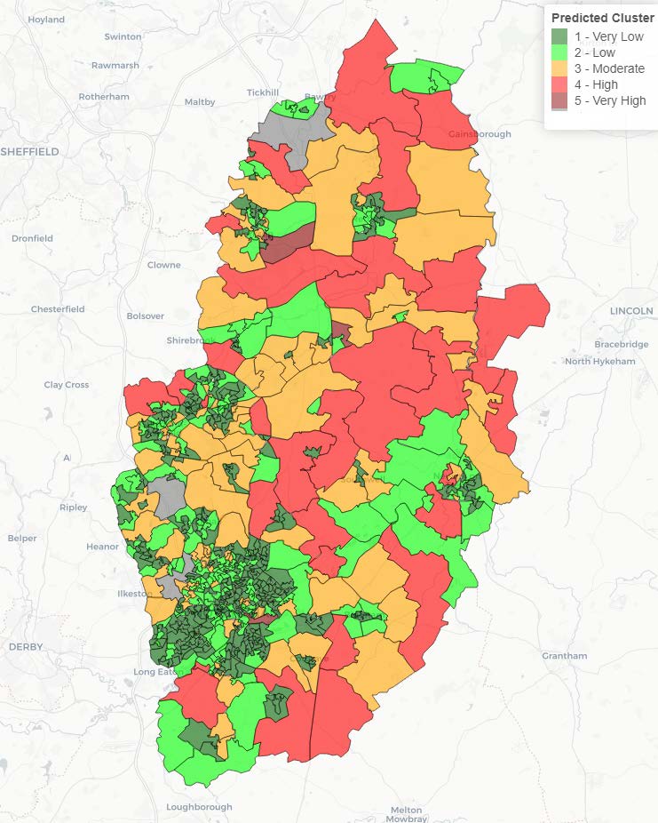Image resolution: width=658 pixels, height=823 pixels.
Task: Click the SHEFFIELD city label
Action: tap(30, 152)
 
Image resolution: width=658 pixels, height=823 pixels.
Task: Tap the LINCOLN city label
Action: tap(631, 311)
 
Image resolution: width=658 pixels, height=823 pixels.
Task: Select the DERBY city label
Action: tap(25, 647)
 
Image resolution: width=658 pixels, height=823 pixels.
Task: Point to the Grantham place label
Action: tap(564, 656)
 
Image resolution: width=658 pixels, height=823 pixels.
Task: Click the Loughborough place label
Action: tap(199, 807)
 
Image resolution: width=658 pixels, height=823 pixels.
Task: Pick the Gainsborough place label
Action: tap(480, 134)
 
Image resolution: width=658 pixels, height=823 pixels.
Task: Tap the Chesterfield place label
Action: tap(58, 309)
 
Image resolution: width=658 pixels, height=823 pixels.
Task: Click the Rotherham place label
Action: tap(104, 97)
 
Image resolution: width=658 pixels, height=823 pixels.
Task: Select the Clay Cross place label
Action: tap(67, 385)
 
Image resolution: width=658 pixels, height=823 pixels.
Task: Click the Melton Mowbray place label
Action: tap(407, 813)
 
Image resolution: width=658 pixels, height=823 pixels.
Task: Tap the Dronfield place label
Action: tap(33, 238)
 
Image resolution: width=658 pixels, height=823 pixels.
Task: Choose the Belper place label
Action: tap(22, 538)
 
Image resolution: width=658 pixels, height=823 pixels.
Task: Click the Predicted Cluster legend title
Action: tap(602, 18)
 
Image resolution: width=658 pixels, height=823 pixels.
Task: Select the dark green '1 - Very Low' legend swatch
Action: tap(559, 36)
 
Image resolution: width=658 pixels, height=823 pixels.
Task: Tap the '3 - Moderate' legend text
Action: tap(608, 68)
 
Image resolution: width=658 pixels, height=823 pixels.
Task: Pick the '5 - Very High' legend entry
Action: tap(609, 100)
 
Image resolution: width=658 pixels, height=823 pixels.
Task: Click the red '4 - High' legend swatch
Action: tap(559, 84)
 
